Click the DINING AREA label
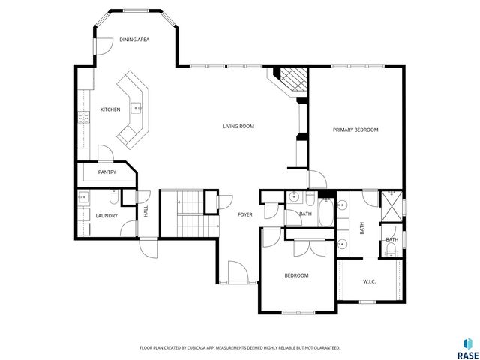(x=133, y=40)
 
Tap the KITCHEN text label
(x=110, y=109)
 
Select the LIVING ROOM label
(x=238, y=127)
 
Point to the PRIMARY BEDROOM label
(x=355, y=130)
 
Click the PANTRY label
(x=106, y=172)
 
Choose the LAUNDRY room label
(x=106, y=216)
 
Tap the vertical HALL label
(x=145, y=212)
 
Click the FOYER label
(x=244, y=215)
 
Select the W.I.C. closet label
(x=369, y=282)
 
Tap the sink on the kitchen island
(x=137, y=108)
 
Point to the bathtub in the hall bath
(x=326, y=214)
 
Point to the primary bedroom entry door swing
(x=316, y=181)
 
